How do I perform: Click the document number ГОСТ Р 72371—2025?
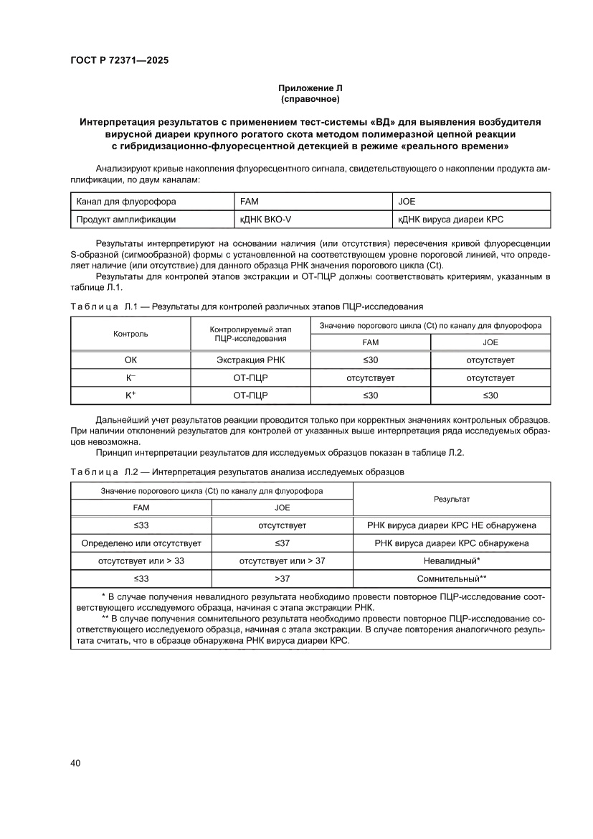point(119,61)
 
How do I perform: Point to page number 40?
point(75,762)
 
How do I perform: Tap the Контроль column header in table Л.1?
point(131,334)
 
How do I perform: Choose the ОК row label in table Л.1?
point(131,360)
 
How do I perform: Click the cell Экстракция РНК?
point(251,360)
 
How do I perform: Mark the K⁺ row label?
point(131,395)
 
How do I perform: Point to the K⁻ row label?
point(131,378)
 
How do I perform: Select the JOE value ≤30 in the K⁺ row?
point(490,395)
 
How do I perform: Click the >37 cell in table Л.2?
point(283,578)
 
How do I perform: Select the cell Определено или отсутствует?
point(142,543)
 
